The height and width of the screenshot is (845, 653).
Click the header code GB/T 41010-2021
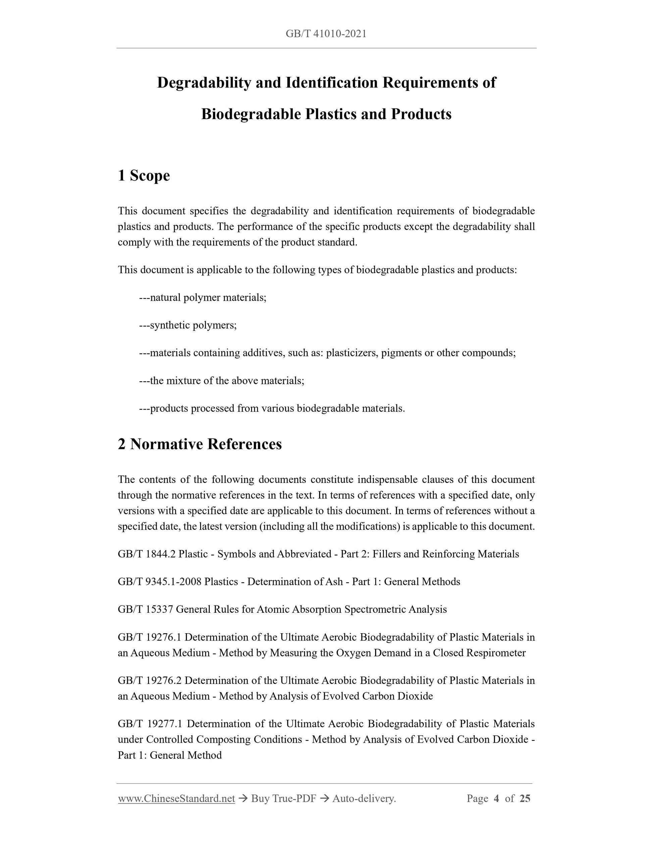(326, 34)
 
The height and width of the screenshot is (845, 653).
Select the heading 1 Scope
(144, 176)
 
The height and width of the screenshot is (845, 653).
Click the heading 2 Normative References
(200, 444)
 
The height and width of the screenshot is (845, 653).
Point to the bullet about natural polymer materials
(203, 298)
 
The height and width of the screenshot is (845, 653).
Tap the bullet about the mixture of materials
(222, 381)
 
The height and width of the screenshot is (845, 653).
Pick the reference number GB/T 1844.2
(147, 554)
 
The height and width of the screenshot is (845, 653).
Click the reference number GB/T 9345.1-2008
(159, 582)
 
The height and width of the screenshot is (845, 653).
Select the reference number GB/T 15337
(145, 609)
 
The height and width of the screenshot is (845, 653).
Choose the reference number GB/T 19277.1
(150, 724)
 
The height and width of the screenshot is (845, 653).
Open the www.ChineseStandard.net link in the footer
(177, 799)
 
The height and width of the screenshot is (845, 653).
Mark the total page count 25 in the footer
(524, 799)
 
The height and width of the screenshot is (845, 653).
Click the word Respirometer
(496, 653)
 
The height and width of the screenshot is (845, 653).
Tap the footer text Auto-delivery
(364, 799)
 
